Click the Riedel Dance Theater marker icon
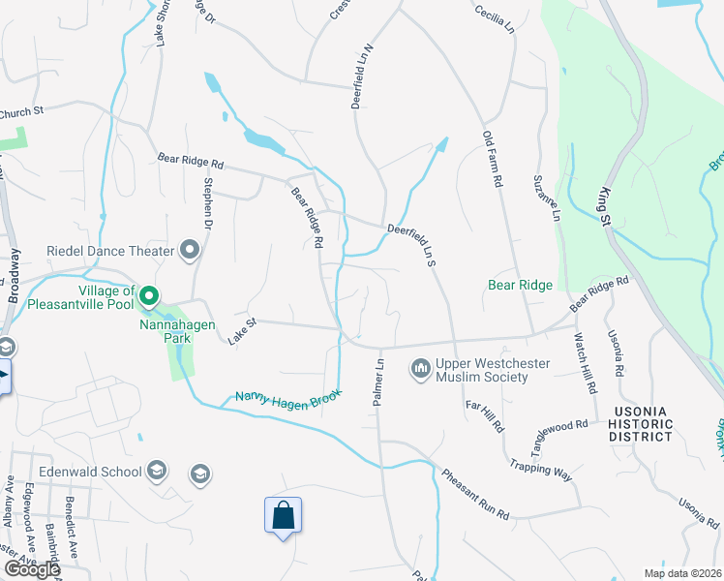point(190,252)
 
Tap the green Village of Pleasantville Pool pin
point(149,294)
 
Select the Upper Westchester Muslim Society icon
point(420,369)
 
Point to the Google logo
point(31,569)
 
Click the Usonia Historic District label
point(641,423)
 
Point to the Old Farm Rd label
point(494,160)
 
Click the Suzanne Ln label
point(546,199)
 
